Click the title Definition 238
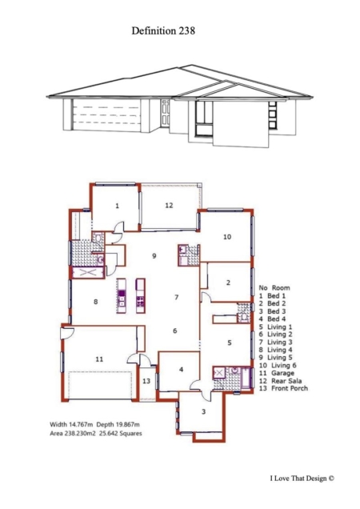coord(163,31)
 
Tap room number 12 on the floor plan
coord(169,206)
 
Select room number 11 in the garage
coord(99,359)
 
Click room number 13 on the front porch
coord(146,381)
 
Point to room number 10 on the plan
coord(227,237)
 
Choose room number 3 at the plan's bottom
coord(204,412)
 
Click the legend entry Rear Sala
coord(286,381)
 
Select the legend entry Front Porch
coord(290,388)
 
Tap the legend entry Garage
coord(282,373)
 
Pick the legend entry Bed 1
coord(277,296)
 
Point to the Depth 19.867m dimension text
coord(118,424)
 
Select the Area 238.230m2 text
coord(73,433)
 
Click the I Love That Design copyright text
coord(302,478)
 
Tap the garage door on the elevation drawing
coord(106,115)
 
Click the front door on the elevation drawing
coord(166,112)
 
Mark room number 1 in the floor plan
coord(117,206)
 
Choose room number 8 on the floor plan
coord(96,302)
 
